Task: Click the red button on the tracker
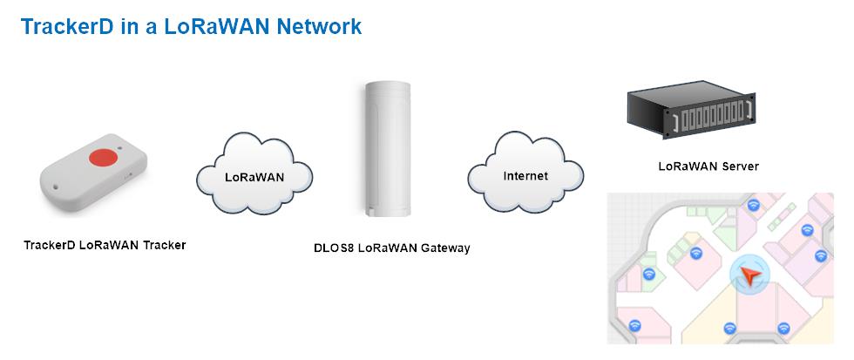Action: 104,157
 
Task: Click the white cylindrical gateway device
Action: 388,149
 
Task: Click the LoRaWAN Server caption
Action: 708,166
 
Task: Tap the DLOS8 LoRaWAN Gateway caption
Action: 391,248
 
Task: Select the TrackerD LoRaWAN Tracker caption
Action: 105,245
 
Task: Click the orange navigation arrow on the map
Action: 750,276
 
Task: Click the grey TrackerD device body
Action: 93,172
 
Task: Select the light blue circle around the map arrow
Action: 750,276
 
